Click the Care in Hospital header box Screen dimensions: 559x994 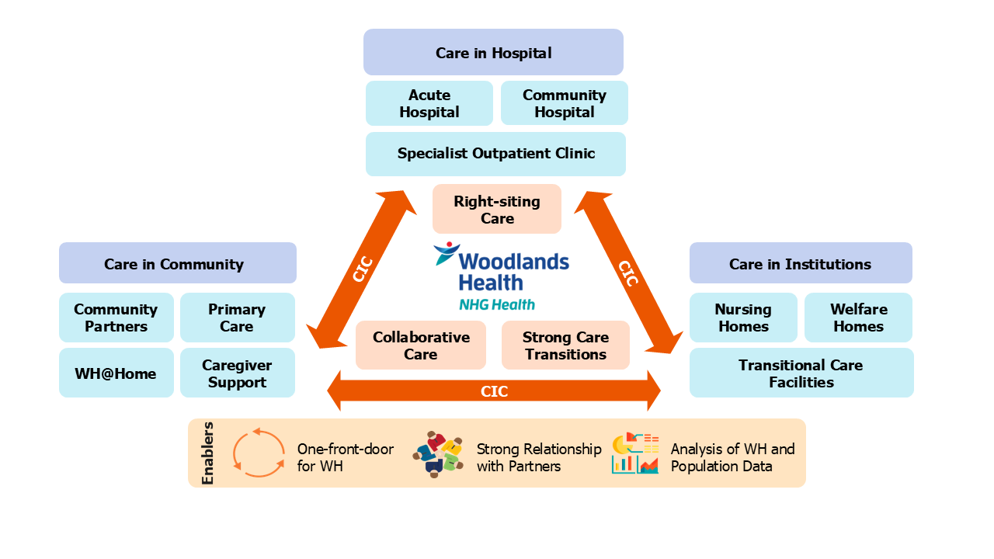[493, 53]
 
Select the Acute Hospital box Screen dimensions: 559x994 [429, 103]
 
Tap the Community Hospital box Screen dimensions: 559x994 [565, 103]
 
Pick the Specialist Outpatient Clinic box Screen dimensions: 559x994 [495, 154]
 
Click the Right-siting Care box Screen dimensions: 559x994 [497, 210]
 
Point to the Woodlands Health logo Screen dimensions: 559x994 [501, 277]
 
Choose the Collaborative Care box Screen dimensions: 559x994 [421, 345]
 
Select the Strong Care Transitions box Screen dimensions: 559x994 [565, 345]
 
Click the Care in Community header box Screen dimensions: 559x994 [178, 263]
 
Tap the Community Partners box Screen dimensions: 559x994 [116, 318]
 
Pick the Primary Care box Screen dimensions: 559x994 [237, 318]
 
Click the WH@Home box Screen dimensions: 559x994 [116, 373]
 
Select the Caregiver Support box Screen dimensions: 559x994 [237, 373]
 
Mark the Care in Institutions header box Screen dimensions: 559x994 [801, 263]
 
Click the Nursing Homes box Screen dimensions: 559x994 [743, 318]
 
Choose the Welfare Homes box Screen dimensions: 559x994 [858, 318]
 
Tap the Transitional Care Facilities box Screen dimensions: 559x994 [801, 373]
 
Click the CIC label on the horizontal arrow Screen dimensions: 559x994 [494, 391]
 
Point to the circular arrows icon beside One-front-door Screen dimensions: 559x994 [259, 453]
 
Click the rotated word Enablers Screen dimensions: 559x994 [208, 453]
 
